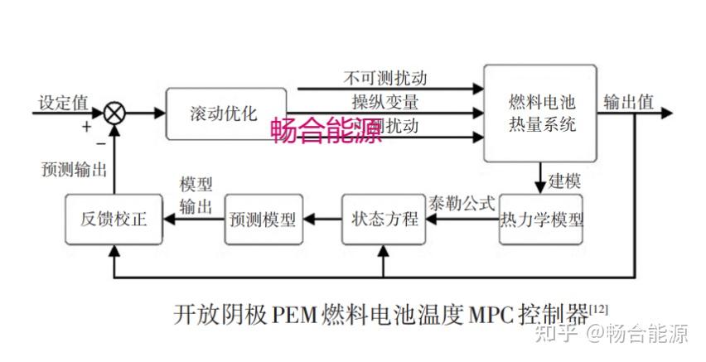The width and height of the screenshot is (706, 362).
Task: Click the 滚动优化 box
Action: [x=226, y=113]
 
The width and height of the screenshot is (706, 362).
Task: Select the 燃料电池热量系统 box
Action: [x=541, y=113]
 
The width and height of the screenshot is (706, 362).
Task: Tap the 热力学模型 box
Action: [x=542, y=220]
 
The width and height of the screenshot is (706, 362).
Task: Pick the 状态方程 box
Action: [x=382, y=220]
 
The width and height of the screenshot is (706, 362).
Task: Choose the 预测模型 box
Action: [x=264, y=220]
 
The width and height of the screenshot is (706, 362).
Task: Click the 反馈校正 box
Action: [x=114, y=220]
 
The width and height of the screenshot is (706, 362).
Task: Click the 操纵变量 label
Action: [x=384, y=103]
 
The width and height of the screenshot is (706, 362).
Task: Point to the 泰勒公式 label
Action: [x=462, y=202]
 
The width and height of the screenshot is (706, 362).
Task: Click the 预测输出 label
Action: [x=74, y=169]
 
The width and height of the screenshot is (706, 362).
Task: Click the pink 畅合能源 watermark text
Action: [x=327, y=131]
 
